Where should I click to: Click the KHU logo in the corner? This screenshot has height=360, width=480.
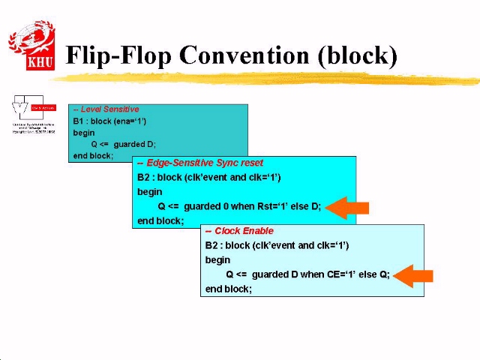(31, 46)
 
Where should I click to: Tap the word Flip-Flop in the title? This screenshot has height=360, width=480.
(118, 55)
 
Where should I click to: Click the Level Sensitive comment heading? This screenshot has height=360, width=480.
(106, 109)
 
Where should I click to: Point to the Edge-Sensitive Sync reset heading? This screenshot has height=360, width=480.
(200, 163)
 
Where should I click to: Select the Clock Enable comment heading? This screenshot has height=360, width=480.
(239, 231)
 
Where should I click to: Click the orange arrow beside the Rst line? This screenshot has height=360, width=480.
(348, 207)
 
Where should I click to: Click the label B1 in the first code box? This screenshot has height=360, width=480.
(79, 121)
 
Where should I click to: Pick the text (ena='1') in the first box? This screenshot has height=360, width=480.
(129, 121)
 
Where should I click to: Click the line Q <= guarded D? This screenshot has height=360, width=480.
(123, 144)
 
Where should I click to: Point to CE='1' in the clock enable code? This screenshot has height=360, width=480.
(340, 274)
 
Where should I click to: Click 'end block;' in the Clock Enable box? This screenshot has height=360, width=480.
(229, 289)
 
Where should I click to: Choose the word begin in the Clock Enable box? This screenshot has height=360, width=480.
(217, 259)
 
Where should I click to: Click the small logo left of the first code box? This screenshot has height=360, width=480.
(34, 115)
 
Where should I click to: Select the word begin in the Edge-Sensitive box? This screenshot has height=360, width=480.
(149, 191)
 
